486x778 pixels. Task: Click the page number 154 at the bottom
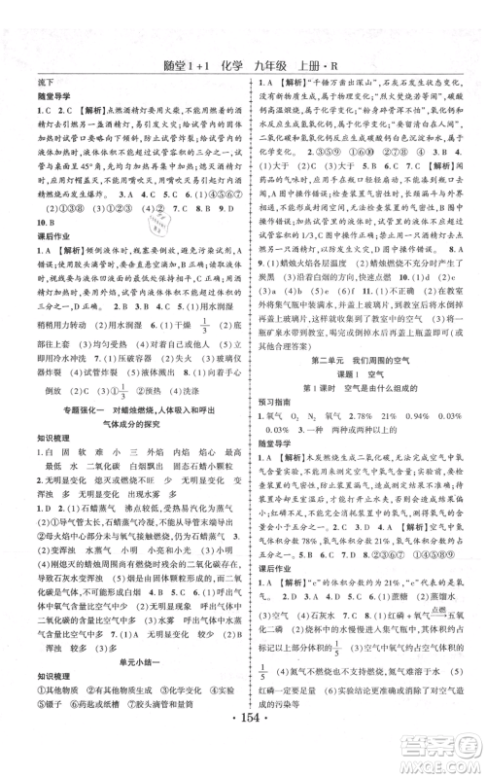(x=242, y=756)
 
